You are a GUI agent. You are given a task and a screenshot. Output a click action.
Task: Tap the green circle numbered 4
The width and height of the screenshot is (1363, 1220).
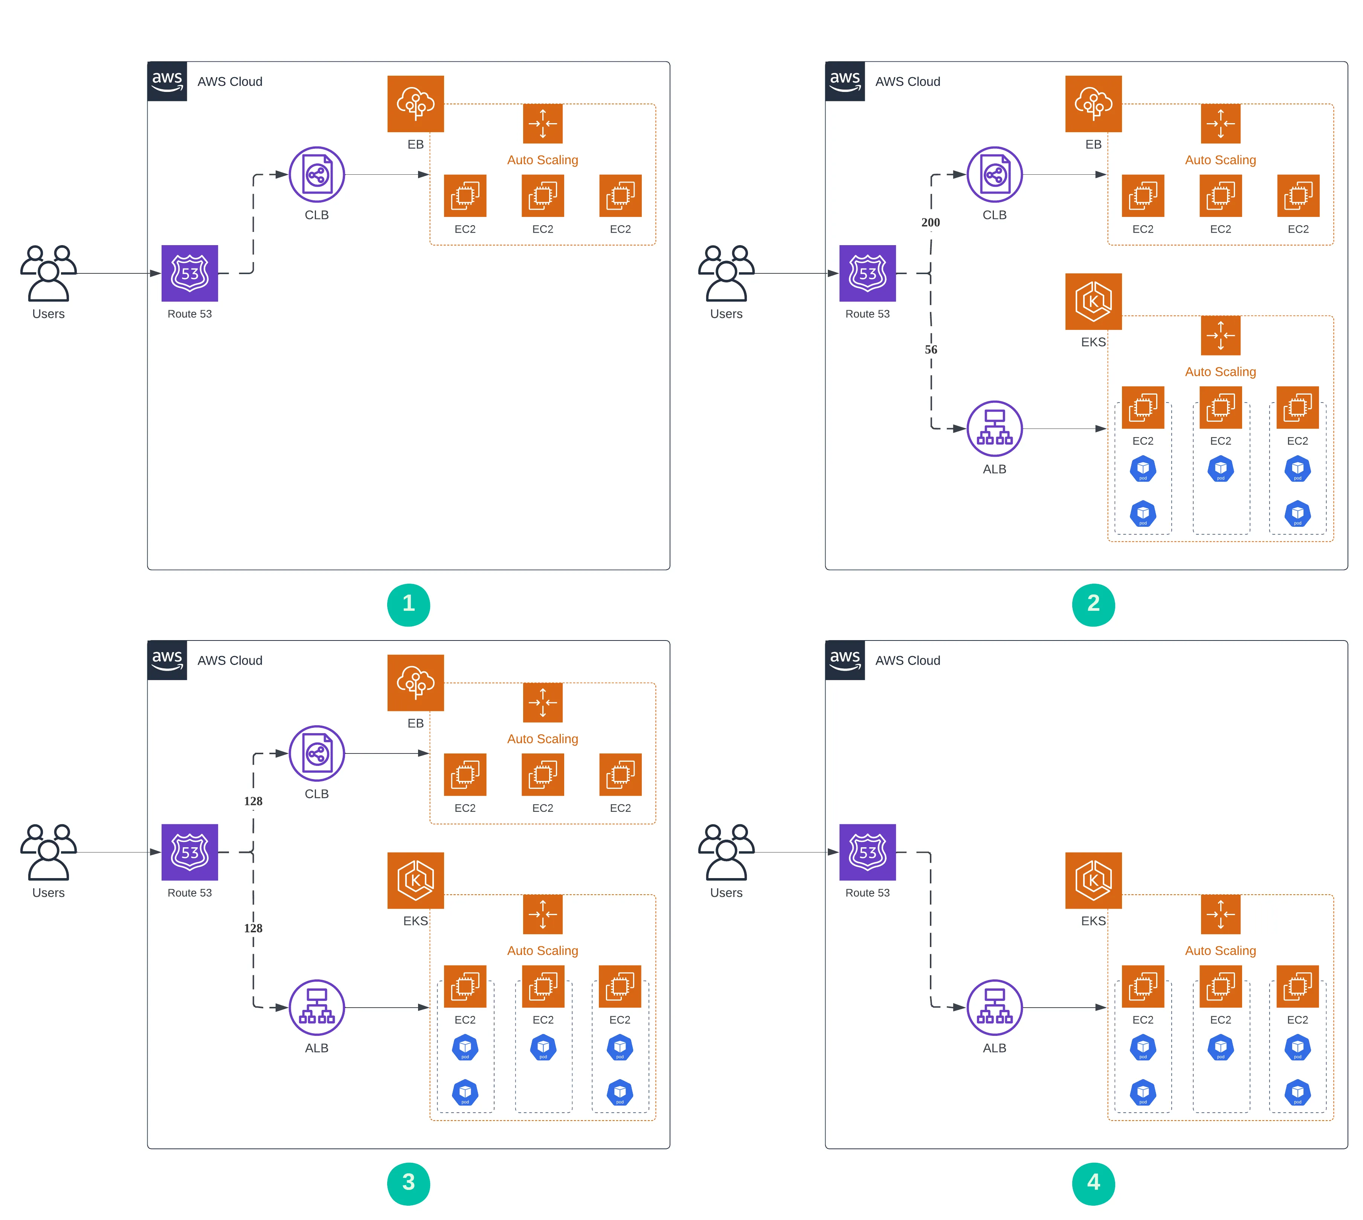[x=1093, y=1183]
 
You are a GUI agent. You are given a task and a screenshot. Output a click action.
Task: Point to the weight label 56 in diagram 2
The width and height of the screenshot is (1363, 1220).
[x=931, y=349]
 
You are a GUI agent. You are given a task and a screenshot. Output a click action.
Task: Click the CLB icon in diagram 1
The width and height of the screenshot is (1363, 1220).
[x=316, y=174]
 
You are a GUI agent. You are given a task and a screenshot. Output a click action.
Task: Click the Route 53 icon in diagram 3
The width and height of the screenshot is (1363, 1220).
[x=190, y=852]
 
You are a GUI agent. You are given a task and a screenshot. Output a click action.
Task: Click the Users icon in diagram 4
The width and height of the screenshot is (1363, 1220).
[x=726, y=852]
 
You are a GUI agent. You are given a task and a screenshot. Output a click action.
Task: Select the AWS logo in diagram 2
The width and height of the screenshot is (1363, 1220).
[x=845, y=81]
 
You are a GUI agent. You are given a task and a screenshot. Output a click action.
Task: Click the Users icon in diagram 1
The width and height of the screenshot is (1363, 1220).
[x=48, y=273]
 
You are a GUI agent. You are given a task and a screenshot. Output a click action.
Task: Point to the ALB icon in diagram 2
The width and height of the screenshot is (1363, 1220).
[x=994, y=429]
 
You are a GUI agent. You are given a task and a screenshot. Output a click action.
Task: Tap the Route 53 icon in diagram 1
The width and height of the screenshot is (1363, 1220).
[x=190, y=273]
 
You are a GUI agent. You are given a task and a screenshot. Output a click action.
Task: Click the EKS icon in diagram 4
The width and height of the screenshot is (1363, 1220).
[x=1093, y=880]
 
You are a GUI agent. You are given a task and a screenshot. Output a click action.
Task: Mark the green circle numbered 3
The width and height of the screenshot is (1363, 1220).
[x=408, y=1183]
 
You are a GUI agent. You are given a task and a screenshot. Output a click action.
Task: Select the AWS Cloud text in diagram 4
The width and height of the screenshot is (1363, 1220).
[x=907, y=660]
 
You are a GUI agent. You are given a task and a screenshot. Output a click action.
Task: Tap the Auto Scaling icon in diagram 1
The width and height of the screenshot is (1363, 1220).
[x=542, y=124]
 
